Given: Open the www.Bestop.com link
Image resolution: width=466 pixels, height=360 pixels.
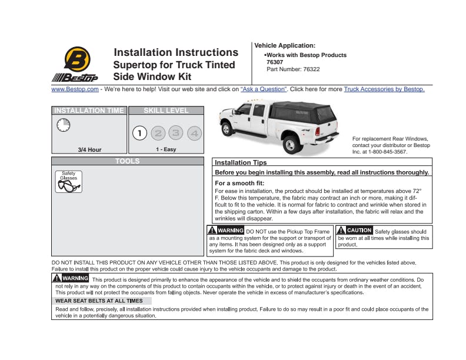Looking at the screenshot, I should pyautogui.click(x=75, y=89).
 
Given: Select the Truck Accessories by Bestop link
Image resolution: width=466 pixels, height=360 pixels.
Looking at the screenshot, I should pyautogui.click(x=384, y=89).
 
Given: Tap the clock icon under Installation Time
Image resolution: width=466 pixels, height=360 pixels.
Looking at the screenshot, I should pyautogui.click(x=63, y=125).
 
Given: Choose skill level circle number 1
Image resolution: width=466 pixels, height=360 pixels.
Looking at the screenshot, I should pyautogui.click(x=139, y=133).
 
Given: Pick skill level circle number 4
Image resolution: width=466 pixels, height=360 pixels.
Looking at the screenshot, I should pyautogui.click(x=194, y=133).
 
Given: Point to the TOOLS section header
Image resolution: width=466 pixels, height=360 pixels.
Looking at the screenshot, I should pyautogui.click(x=128, y=161).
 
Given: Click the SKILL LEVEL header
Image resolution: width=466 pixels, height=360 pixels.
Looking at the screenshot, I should pyautogui.click(x=166, y=110).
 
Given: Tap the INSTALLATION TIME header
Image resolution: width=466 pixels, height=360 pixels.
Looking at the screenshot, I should pyautogui.click(x=89, y=110).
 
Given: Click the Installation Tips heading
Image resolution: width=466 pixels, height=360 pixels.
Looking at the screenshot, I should pyautogui.click(x=240, y=162).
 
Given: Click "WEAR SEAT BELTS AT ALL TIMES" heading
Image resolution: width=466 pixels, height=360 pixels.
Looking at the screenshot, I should pyautogui.click(x=99, y=301).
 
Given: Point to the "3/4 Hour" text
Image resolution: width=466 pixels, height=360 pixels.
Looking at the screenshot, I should pyautogui.click(x=89, y=149).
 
